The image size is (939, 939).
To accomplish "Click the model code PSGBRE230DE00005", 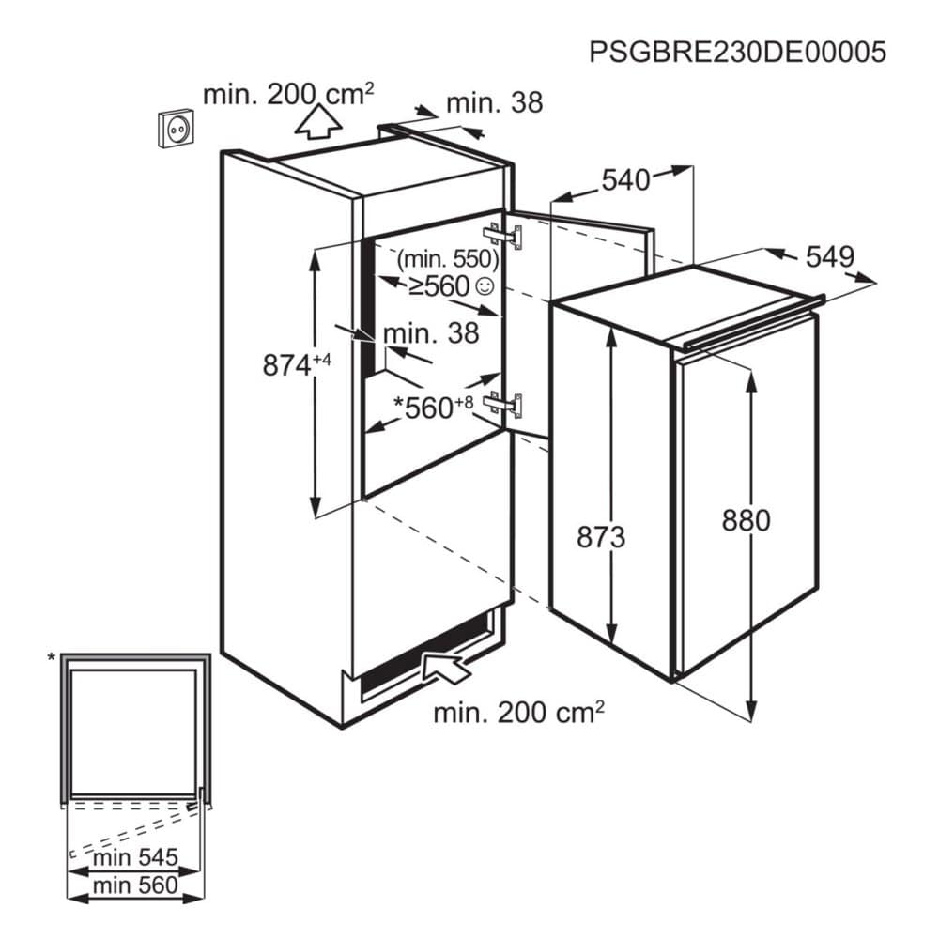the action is click(737, 52).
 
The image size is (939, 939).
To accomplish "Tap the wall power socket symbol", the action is click(177, 128).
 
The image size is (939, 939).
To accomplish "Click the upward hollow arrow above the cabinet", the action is click(318, 121).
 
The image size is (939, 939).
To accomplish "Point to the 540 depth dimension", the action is click(625, 179).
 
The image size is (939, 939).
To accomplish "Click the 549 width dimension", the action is click(829, 257).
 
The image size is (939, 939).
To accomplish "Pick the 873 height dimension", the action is click(601, 536).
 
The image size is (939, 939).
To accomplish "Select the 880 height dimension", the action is click(746, 520).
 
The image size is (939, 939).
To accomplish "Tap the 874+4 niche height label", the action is click(297, 364).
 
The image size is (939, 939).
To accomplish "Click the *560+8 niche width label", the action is click(433, 408).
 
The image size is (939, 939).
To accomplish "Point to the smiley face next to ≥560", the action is click(484, 286).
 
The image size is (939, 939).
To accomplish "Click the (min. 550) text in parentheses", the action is click(448, 259).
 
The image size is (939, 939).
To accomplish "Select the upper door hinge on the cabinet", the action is click(503, 236).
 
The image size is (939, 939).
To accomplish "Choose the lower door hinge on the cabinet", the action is click(503, 405).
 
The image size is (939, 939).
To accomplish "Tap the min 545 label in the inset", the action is click(135, 857).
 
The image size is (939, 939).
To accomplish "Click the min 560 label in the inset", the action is click(135, 885).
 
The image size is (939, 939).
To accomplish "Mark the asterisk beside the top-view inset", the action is click(52, 658).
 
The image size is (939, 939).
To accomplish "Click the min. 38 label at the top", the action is click(495, 103).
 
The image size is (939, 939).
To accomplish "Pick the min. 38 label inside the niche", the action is click(431, 333).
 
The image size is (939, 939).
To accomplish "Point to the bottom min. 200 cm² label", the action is click(518, 712).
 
